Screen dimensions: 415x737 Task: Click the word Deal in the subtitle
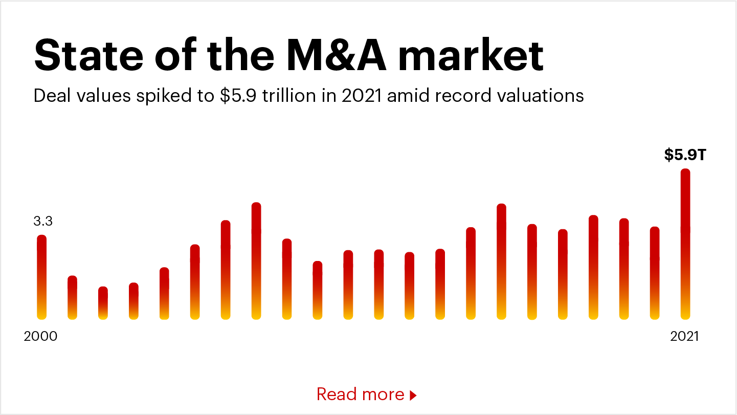50,96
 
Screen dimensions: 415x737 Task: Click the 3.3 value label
43,222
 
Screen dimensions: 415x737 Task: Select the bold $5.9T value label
685,155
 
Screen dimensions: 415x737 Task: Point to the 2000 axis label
41,337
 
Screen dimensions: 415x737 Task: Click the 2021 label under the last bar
684,337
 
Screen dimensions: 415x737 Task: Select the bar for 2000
42,277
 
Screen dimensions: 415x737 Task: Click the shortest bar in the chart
103,303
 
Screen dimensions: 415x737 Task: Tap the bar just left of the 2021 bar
655,273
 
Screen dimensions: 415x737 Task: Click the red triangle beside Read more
413,395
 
